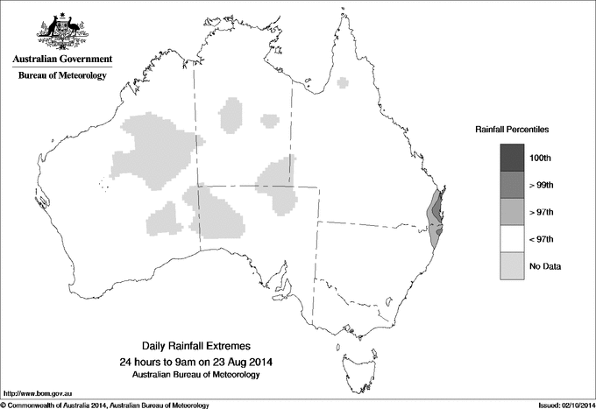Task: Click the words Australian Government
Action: pos(61,60)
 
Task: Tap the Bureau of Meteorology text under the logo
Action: pos(61,76)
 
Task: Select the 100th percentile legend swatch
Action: pos(513,158)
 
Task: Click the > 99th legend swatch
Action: pos(513,185)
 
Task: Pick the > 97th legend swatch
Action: pos(513,212)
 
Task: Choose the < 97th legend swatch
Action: pos(513,239)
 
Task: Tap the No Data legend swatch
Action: pos(513,266)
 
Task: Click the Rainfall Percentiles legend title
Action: pos(512,130)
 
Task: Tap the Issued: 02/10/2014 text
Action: pos(561,405)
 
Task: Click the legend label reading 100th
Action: pos(540,159)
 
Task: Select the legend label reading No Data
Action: pos(544,266)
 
